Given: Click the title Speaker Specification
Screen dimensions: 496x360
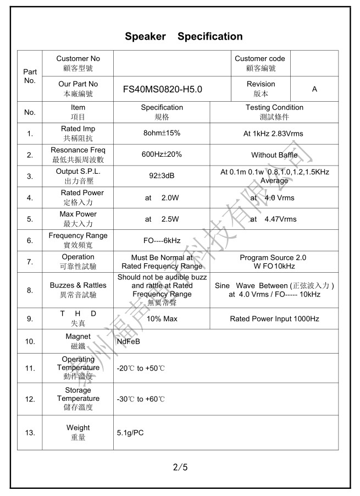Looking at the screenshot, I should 184,37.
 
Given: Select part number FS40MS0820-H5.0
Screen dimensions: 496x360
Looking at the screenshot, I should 163,89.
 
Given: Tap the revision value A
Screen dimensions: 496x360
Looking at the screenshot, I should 314,89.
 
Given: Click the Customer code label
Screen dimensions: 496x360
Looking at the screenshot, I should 260,59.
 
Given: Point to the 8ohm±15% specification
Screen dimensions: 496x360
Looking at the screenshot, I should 162,134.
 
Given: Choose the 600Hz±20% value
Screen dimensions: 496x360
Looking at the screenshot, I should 162,155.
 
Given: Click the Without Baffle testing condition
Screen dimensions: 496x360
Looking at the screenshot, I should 274,155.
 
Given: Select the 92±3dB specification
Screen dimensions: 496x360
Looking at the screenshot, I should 162,177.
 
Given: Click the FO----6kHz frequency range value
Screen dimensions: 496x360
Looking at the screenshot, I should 162,241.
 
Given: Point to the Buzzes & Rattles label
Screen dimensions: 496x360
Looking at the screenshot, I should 78,285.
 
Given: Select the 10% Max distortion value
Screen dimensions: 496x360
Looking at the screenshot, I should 162,319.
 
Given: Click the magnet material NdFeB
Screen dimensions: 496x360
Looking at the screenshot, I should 128,341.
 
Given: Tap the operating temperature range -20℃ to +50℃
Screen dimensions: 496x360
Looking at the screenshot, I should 141,368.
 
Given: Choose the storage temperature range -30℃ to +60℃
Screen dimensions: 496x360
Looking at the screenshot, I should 141,399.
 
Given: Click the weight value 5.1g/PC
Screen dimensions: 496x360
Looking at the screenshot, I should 130,433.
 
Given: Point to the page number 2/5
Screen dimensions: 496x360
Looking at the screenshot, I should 180,468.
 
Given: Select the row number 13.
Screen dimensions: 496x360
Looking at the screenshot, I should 30,433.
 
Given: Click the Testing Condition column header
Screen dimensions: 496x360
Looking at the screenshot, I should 274,108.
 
